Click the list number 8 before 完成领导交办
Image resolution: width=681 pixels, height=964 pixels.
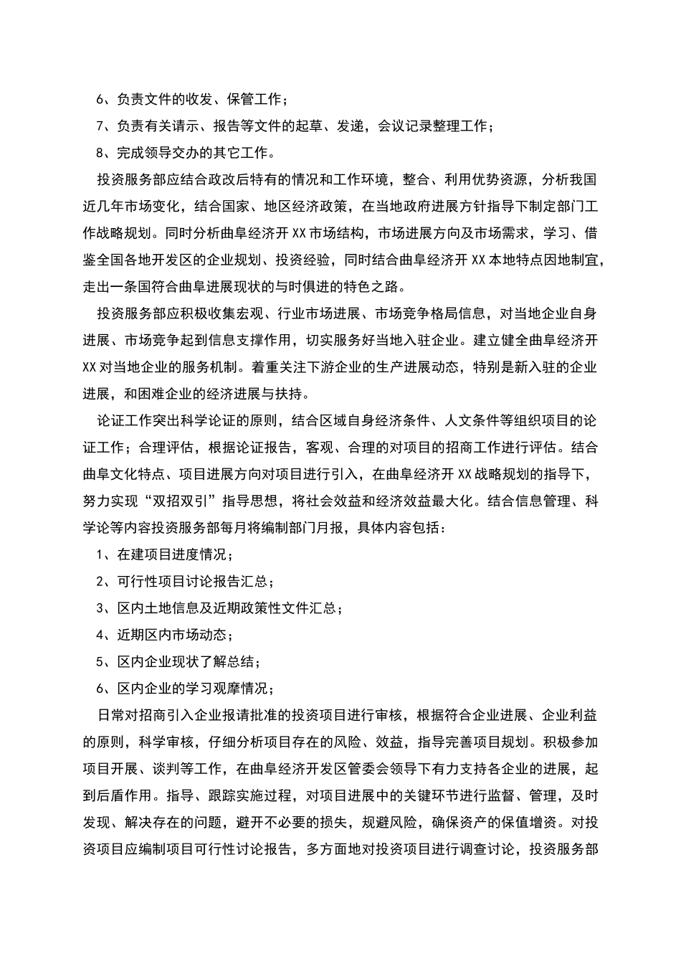100,153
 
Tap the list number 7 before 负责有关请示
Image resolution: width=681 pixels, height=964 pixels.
100,126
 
